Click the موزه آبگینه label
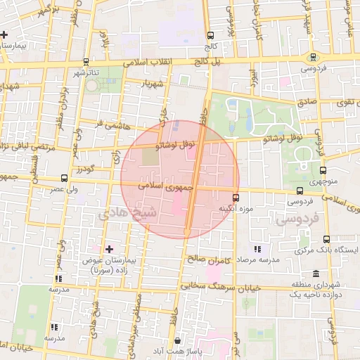236,209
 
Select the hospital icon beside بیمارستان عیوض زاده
108,249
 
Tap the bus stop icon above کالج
210,35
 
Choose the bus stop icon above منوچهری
323,170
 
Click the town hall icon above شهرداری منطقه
314,274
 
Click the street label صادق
307,102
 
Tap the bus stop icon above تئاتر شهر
86,61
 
